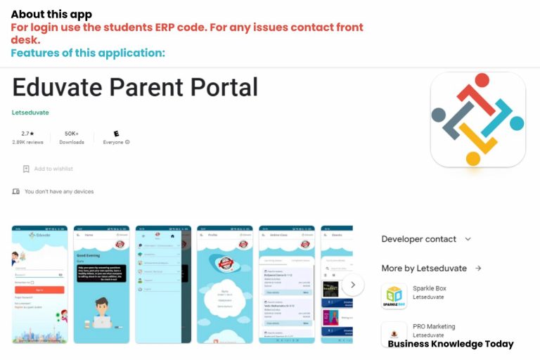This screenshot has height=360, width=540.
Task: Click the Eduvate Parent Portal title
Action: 135,87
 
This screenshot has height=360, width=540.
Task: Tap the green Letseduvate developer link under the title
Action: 30,112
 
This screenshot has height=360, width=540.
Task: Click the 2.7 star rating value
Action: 27,133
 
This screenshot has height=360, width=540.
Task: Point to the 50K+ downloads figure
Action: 72,133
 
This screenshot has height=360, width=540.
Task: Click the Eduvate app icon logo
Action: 478,120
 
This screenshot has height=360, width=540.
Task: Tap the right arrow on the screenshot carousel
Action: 353,285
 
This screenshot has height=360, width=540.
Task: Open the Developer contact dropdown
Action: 426,239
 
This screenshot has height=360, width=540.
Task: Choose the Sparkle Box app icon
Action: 394,296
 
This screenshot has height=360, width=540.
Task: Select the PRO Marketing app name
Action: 434,326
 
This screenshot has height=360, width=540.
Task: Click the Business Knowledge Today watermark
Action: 451,344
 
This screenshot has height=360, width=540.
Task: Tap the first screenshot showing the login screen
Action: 39,284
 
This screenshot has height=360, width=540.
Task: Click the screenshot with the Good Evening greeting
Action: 102,284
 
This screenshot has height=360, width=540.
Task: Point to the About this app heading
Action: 51,14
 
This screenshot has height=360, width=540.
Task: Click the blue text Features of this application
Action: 88,53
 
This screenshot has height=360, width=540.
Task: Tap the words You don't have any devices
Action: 59,191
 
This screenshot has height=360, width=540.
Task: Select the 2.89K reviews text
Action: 27,142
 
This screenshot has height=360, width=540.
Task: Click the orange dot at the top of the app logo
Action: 482,80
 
